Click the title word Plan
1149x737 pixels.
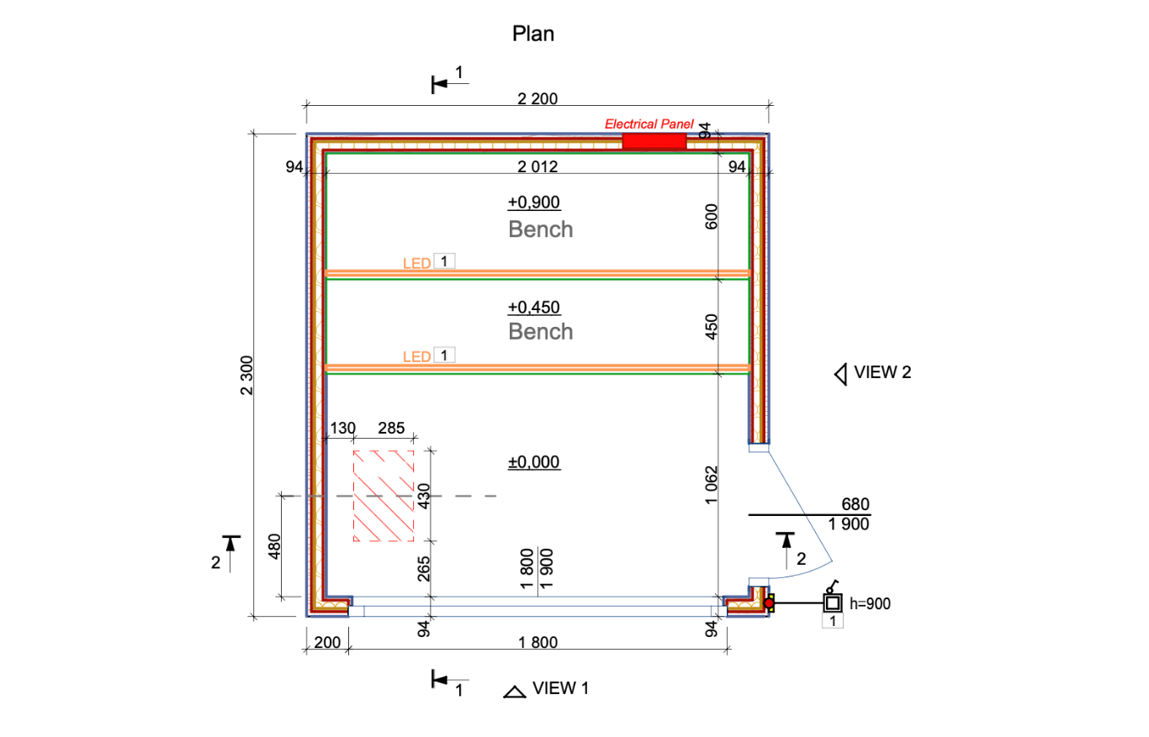point(534,34)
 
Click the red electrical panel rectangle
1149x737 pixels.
point(654,141)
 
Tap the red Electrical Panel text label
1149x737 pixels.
point(649,124)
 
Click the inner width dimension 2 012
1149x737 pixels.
point(537,166)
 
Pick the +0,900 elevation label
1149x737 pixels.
point(534,203)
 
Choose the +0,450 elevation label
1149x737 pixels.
point(534,307)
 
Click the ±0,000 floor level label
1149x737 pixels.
point(534,462)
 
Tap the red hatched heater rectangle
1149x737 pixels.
point(384,496)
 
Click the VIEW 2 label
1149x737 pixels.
point(882,373)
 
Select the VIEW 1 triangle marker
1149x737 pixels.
point(514,692)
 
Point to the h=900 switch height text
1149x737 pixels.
point(871,603)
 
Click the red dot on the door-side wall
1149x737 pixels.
point(769,603)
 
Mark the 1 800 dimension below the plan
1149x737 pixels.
point(537,643)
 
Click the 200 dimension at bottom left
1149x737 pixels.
point(326,643)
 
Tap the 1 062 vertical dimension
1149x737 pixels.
point(712,485)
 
